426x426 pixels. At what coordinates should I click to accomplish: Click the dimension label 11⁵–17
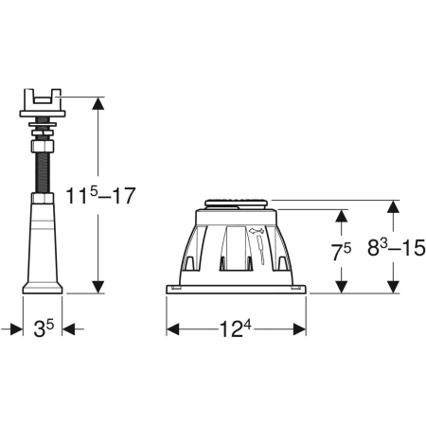point(100,195)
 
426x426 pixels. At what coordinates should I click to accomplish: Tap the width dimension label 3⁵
point(44,328)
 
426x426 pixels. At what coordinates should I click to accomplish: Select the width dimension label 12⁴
point(236,328)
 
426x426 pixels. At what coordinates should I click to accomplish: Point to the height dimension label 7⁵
point(342,252)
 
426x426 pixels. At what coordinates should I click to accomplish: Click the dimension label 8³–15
point(397,247)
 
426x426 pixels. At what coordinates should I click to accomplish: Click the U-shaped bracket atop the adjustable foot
point(43,99)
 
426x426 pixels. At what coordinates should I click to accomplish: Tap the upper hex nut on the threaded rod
point(43,146)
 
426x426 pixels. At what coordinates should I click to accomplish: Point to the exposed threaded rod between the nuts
point(43,172)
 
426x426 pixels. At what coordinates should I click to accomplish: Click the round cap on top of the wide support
point(237,204)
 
